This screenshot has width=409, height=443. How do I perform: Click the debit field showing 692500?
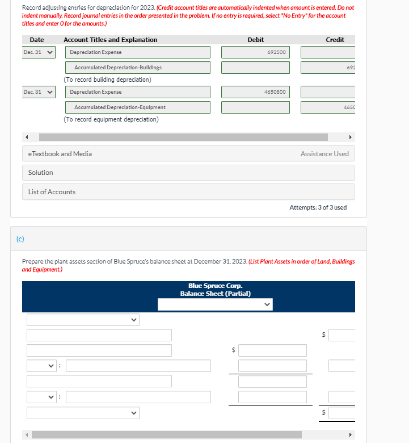pyautogui.click(x=255, y=52)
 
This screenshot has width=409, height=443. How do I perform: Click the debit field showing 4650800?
pyautogui.click(x=255, y=92)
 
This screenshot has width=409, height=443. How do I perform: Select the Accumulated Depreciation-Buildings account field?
pyautogui.click(x=138, y=68)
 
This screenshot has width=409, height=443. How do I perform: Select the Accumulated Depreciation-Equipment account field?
pyautogui.click(x=138, y=107)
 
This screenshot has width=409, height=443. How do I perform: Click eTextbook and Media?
pyautogui.click(x=60, y=154)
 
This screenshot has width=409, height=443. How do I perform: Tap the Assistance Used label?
pyautogui.click(x=324, y=154)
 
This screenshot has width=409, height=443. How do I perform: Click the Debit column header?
pyautogui.click(x=255, y=40)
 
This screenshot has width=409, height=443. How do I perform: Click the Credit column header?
pyautogui.click(x=335, y=40)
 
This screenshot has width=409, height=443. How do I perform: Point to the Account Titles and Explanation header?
pyautogui.click(x=111, y=40)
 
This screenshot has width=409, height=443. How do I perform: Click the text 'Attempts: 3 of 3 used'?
pyautogui.click(x=318, y=207)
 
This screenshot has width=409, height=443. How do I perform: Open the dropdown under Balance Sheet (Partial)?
pyautogui.click(x=215, y=304)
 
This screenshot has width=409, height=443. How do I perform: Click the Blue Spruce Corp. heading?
pyautogui.click(x=215, y=286)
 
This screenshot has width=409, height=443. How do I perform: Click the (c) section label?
pyautogui.click(x=20, y=238)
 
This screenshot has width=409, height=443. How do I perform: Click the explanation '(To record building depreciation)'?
pyautogui.click(x=107, y=80)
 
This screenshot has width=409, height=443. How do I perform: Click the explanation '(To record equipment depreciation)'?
pyautogui.click(x=111, y=119)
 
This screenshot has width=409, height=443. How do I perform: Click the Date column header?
pyautogui.click(x=37, y=40)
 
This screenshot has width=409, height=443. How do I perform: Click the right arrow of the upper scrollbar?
pyautogui.click(x=350, y=137)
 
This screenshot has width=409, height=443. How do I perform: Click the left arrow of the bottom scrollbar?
pyautogui.click(x=26, y=435)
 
